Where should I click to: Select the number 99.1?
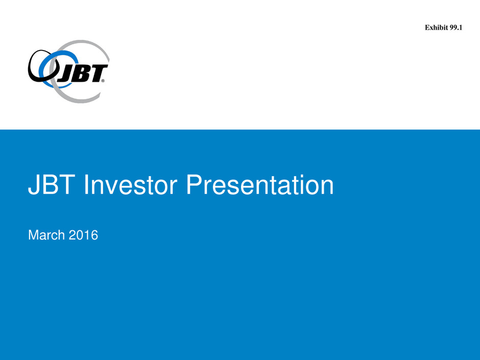pos(456,28)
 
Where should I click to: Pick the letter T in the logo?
pos(97,73)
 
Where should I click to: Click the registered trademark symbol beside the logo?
pos(103,81)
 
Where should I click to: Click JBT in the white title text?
pos(52,185)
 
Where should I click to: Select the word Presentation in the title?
pos(260,185)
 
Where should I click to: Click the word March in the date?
pos(46,235)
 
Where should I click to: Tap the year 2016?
pos(83,235)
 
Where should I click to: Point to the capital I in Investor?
pos(86,185)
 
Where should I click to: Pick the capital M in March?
pos(33,235)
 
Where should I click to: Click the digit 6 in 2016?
pos(94,235)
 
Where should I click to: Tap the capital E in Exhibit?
pos(427,28)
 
